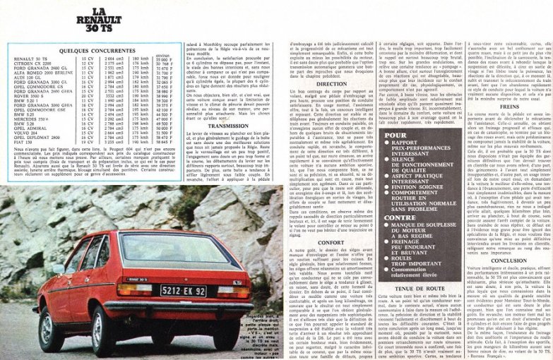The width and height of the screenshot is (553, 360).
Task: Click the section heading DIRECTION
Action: click(311, 84)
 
